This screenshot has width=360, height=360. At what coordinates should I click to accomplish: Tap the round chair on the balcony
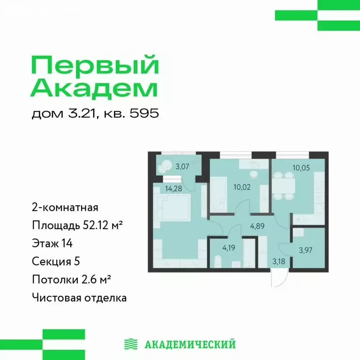[165, 166]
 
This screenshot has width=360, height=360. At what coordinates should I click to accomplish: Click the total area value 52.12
[93, 225]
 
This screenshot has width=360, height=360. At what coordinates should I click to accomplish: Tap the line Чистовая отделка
[80, 298]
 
